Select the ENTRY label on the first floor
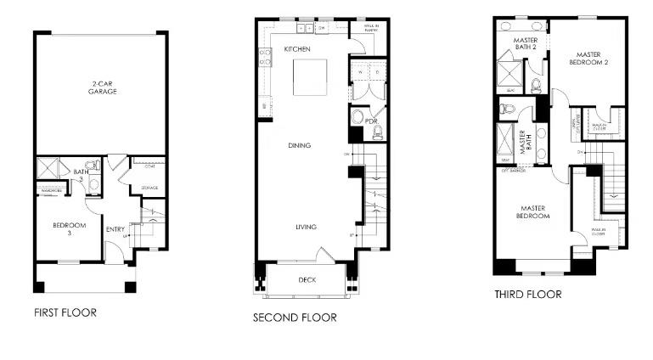(x=115, y=228)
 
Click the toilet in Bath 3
(x=93, y=166)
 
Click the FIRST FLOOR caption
(x=65, y=312)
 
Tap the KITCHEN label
(x=297, y=50)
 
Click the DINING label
(x=299, y=145)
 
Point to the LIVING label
(x=306, y=227)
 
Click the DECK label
(x=307, y=279)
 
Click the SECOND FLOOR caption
(x=294, y=318)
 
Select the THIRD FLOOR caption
(x=527, y=295)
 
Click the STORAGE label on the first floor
(x=149, y=188)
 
